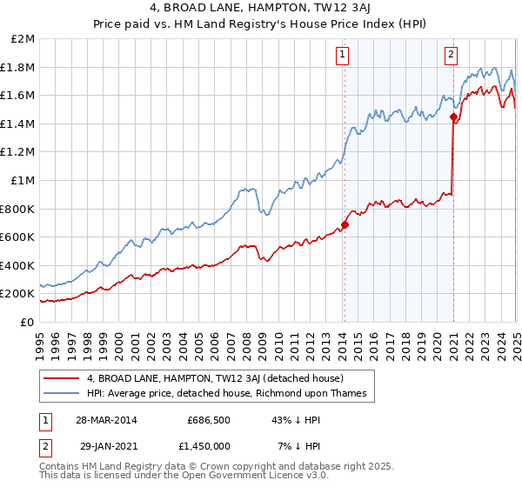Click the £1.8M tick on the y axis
coord(17,67)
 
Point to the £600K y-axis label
coord(17,237)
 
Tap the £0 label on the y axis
coord(26,322)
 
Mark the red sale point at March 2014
coord(345,224)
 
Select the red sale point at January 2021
coord(453,117)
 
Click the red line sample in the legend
coord(61,378)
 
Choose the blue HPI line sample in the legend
coord(61,394)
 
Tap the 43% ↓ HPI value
coord(296,419)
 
